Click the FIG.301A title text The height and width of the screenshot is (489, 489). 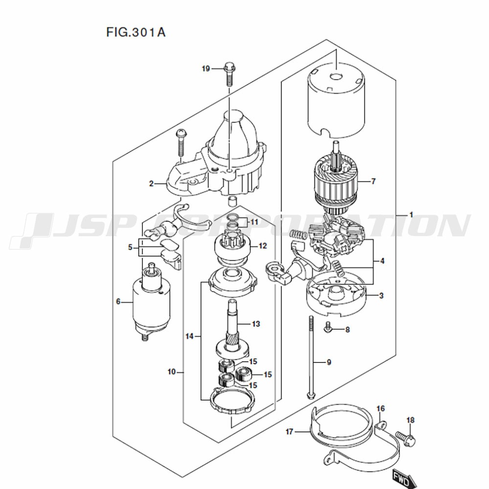(136, 33)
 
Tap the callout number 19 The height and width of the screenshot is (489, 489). (206, 68)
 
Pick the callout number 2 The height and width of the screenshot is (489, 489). (152, 183)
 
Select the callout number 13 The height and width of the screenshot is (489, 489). (256, 324)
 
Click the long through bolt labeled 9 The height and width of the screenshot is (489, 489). (311, 357)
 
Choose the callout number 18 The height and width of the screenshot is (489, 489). (410, 420)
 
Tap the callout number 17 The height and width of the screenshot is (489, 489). (289, 431)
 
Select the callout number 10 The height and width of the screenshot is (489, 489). (171, 372)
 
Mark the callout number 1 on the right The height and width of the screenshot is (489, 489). (411, 215)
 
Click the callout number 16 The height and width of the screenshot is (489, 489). (380, 408)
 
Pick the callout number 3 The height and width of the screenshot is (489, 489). (381, 295)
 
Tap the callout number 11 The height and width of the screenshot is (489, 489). (254, 222)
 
